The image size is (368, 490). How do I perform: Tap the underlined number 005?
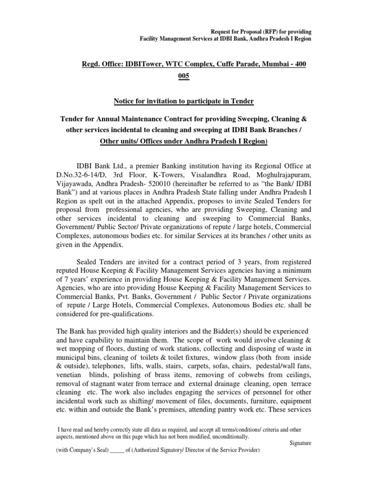(184, 77)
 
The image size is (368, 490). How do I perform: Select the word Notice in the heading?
(126, 100)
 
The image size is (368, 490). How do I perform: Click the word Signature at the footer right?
(300, 443)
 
